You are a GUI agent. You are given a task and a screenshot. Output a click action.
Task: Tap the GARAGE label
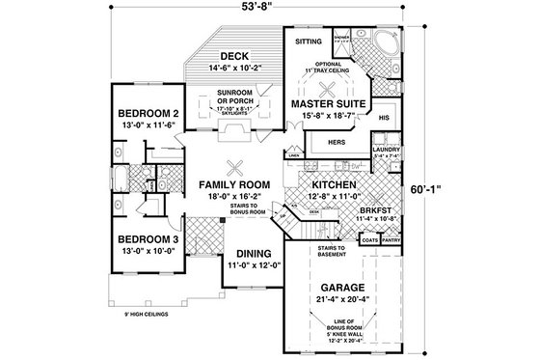(337, 288)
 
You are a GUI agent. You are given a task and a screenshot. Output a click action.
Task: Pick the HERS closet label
(337, 140)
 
